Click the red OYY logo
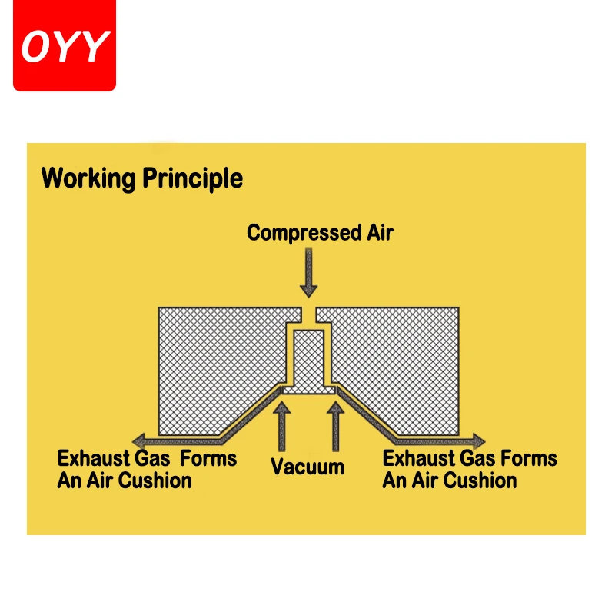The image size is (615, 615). coord(65,45)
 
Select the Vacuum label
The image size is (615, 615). coord(307,467)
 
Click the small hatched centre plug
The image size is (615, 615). coord(308,357)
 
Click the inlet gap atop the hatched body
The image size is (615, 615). coord(308,314)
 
